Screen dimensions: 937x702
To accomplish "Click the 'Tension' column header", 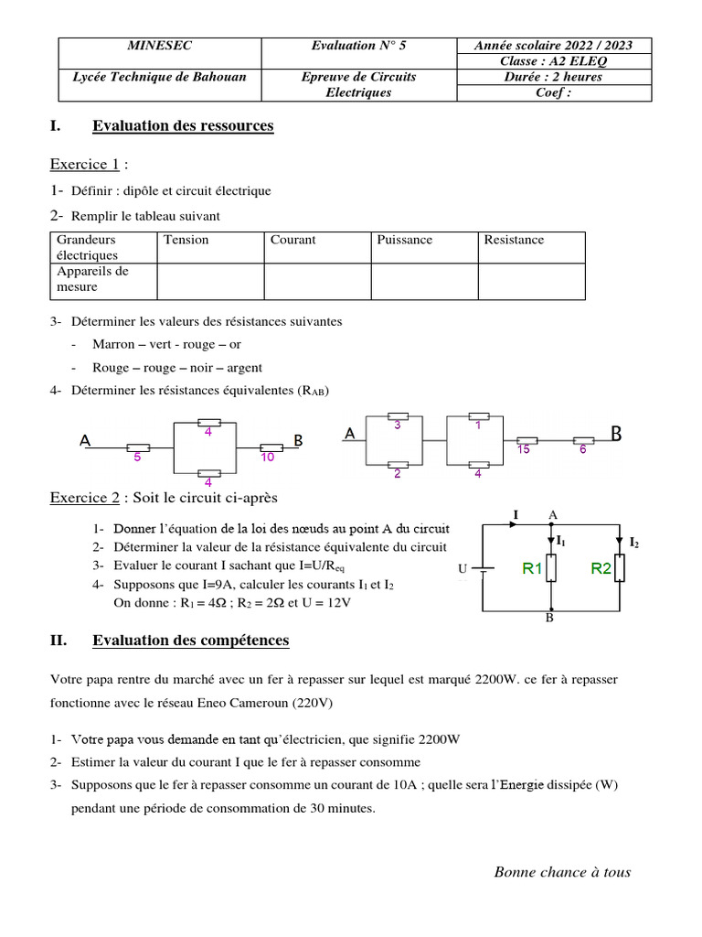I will point(186,240).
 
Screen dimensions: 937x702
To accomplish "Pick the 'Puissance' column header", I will point(405,240).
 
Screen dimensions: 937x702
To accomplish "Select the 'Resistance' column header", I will point(514,240).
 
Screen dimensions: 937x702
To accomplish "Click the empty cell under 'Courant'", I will point(317,280).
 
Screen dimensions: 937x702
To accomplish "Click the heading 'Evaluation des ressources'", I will point(183,126).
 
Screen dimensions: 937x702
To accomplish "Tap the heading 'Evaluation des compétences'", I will point(190,641).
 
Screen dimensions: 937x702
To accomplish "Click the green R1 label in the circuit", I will point(533,568).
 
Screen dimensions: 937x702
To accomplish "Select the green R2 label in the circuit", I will point(601,568).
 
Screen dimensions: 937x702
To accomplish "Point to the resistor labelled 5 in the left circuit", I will point(138,447).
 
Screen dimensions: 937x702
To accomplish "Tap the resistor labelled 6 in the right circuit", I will point(582,440).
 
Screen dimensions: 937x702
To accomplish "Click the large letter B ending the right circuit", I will point(616,434).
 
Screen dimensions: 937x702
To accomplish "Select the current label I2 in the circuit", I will point(633,543).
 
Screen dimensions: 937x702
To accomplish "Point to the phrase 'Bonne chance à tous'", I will point(562,872).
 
